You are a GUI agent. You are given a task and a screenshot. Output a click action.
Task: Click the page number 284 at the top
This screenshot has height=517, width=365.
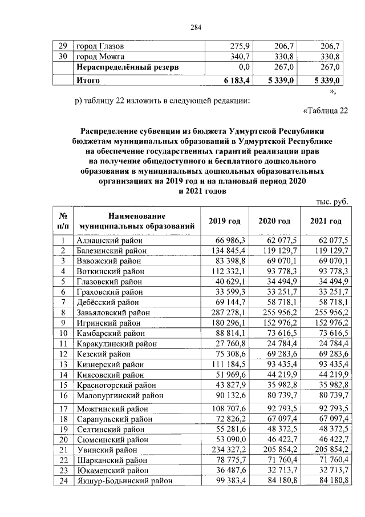(182, 27)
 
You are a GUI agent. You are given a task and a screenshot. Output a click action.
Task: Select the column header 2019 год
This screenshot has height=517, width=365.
(225, 221)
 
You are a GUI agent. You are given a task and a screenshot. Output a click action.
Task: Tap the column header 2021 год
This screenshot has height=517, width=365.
(326, 221)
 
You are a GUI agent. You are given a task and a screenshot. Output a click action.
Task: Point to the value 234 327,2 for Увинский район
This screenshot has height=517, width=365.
(228, 450)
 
